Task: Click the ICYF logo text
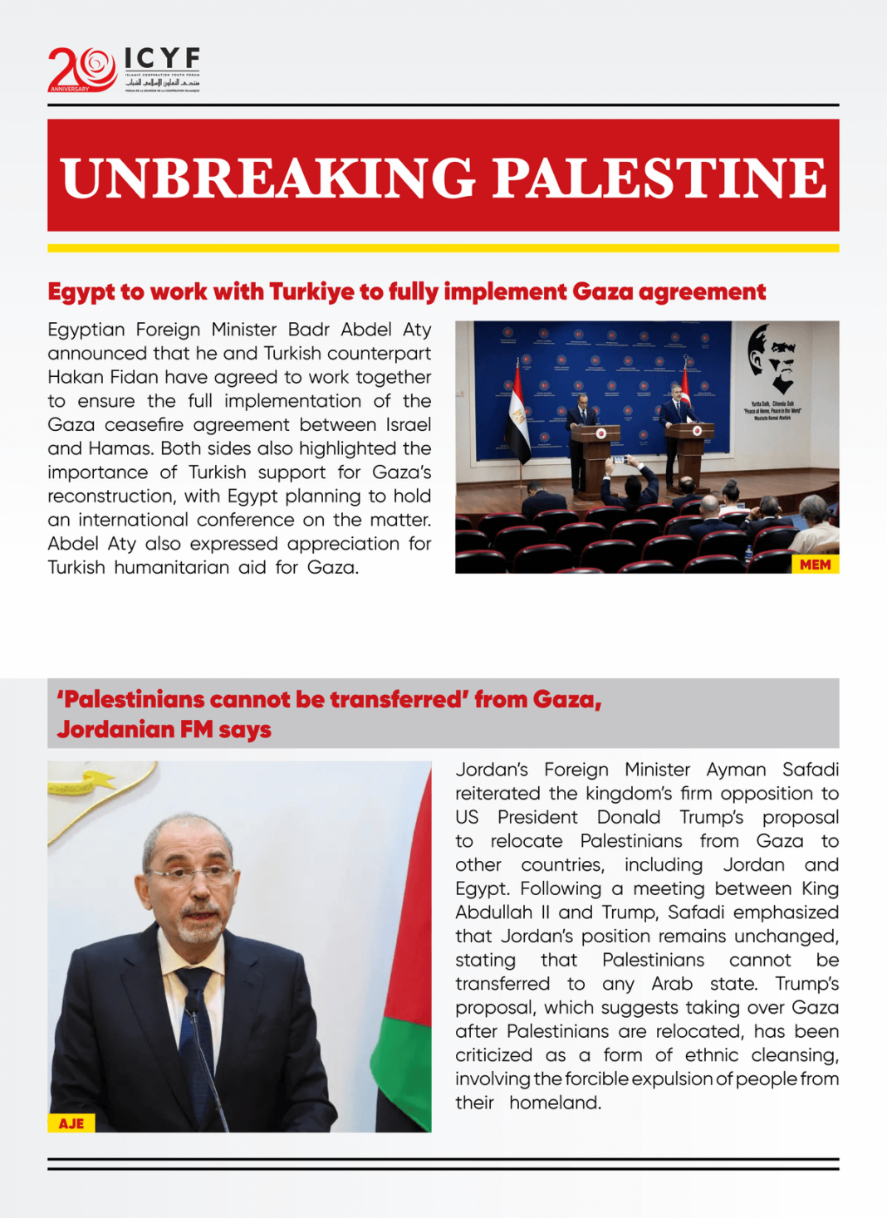162,59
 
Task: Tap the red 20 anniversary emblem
81,69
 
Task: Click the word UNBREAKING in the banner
267,178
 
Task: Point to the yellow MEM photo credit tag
815,565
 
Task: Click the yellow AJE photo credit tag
71,1123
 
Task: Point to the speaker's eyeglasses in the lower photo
194,874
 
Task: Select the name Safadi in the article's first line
810,770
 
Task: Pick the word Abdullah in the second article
493,912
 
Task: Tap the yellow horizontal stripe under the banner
443,248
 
